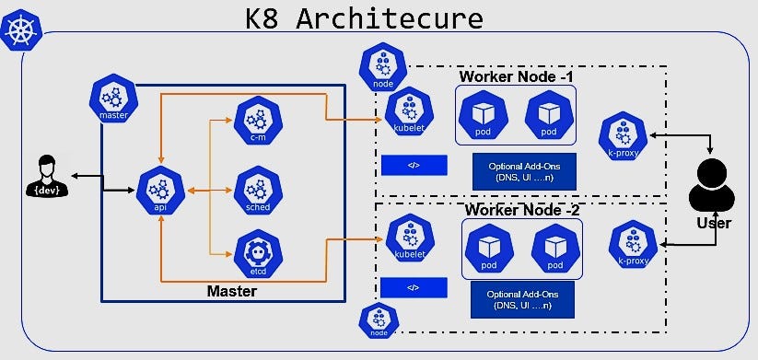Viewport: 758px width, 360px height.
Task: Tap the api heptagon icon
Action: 159,191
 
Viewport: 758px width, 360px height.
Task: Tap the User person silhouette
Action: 713,188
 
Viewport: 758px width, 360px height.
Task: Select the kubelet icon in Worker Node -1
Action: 409,111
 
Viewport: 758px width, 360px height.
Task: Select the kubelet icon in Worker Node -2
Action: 409,238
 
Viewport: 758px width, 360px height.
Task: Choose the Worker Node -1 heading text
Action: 516,75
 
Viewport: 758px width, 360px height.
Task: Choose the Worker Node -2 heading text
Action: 522,209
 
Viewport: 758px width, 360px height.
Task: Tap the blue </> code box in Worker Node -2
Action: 414,288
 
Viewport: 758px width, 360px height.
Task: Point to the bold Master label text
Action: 231,291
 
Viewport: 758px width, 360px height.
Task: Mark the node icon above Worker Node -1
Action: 382,67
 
